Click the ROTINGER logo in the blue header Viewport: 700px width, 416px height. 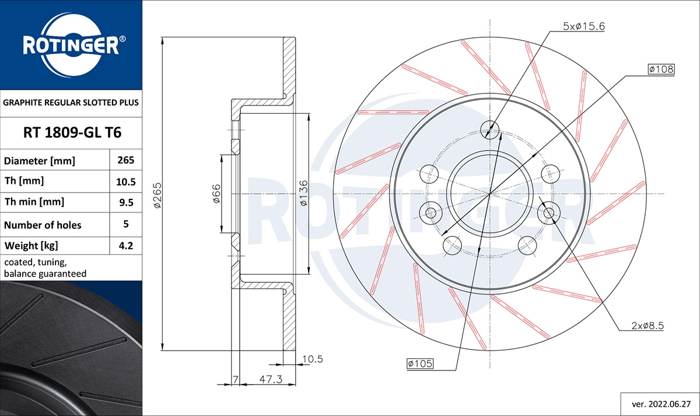(x=71, y=45)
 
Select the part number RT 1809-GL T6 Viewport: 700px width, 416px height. (x=72, y=132)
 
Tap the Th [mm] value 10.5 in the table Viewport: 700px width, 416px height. (x=126, y=181)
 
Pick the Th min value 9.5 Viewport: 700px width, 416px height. (x=126, y=202)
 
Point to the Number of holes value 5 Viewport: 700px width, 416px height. (x=126, y=224)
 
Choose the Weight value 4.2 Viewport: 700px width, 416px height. (x=126, y=246)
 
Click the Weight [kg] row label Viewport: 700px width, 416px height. (x=31, y=246)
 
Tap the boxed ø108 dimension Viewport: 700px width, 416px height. (x=661, y=69)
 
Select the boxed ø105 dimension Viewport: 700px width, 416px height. (x=419, y=364)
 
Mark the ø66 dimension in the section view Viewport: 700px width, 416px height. (x=216, y=194)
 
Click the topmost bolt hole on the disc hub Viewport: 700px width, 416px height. (x=490, y=128)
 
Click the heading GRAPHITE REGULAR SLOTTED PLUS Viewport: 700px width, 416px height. (x=71, y=103)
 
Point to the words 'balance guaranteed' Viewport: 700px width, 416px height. (x=45, y=273)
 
